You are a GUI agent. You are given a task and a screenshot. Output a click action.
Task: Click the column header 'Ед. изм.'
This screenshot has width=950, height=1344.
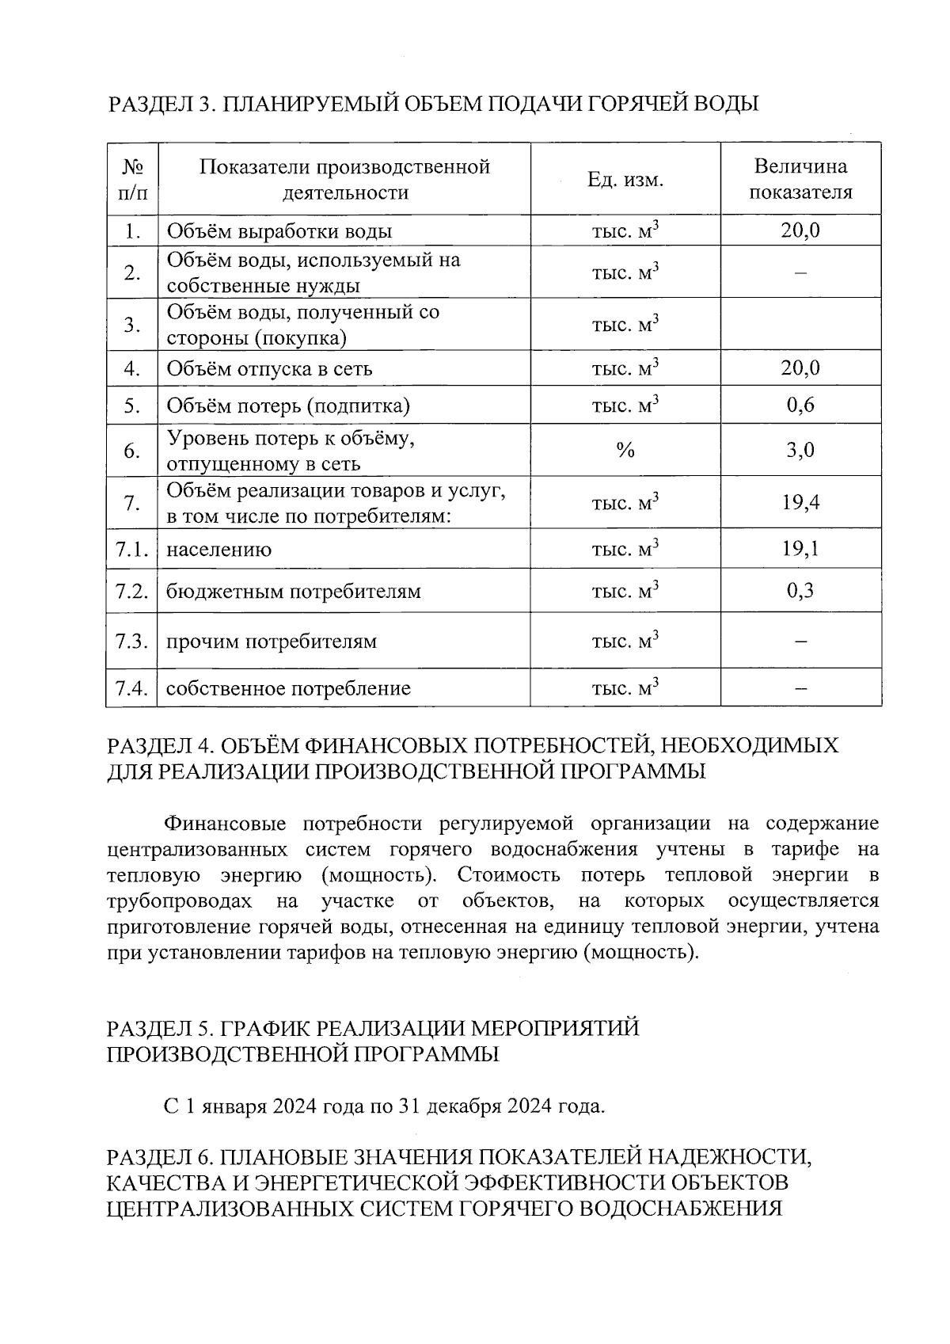625,180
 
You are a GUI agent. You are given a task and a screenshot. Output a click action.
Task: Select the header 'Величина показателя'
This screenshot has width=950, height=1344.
800,179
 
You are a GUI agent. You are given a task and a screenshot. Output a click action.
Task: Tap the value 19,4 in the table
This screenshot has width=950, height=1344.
800,502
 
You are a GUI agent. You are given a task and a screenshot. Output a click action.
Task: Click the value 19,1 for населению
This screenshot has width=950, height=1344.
800,548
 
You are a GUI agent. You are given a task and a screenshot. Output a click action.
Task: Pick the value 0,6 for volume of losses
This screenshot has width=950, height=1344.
800,405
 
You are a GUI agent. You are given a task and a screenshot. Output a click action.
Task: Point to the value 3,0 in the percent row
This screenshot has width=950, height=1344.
800,451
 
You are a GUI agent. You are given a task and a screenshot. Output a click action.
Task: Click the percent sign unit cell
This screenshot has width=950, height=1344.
625,451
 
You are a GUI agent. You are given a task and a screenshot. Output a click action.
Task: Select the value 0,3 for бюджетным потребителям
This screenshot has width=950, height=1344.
800,591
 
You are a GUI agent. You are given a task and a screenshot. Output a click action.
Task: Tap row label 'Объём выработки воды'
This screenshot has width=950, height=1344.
279,231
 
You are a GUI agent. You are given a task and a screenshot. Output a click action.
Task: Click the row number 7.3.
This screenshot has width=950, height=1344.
132,641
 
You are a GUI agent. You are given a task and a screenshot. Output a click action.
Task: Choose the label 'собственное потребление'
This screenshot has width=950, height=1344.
288,688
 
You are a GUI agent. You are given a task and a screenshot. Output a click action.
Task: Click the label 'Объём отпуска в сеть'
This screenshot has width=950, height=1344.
269,369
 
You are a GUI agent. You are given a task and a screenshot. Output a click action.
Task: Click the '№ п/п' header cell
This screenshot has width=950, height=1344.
132,179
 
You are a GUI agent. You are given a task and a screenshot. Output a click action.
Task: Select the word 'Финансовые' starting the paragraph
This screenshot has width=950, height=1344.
224,824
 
